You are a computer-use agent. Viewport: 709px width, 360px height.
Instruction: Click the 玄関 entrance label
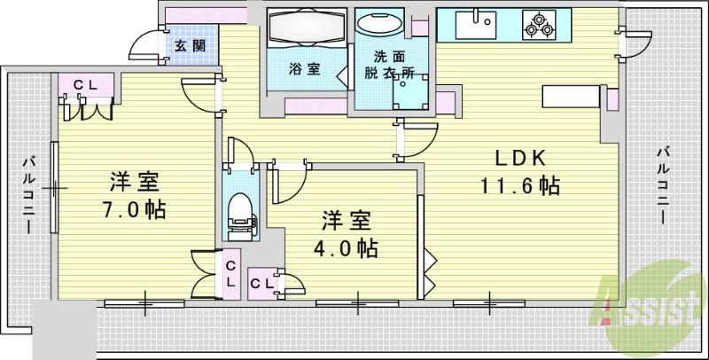pos(187,46)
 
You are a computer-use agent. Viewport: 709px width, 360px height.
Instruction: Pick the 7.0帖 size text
pos(132,210)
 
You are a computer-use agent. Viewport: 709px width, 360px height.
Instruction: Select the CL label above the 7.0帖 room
pos(86,85)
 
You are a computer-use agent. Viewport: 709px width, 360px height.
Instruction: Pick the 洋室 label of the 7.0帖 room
pos(134,183)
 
